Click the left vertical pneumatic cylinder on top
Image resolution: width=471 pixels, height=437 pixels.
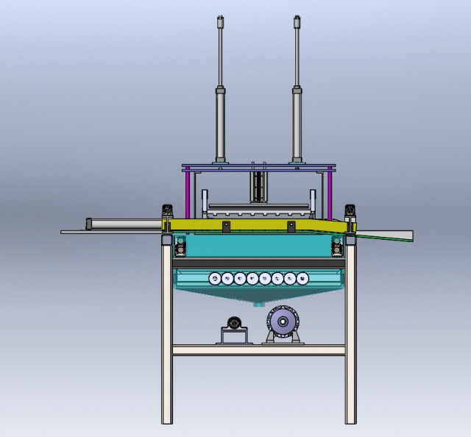(219, 118)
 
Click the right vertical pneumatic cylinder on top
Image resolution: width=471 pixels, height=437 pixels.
(297, 118)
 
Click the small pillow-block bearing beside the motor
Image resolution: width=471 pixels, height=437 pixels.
(234, 324)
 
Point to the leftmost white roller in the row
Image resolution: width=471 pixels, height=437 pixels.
(215, 278)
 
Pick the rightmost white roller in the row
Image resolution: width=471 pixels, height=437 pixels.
(302, 278)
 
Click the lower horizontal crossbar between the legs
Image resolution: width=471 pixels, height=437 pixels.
(258, 351)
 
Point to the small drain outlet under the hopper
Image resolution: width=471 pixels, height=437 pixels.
(258, 302)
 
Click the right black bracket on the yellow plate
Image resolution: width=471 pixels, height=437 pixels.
(350, 213)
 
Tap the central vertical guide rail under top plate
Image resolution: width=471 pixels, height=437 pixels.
(258, 184)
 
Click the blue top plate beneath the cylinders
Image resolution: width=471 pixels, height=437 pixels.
(258, 167)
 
